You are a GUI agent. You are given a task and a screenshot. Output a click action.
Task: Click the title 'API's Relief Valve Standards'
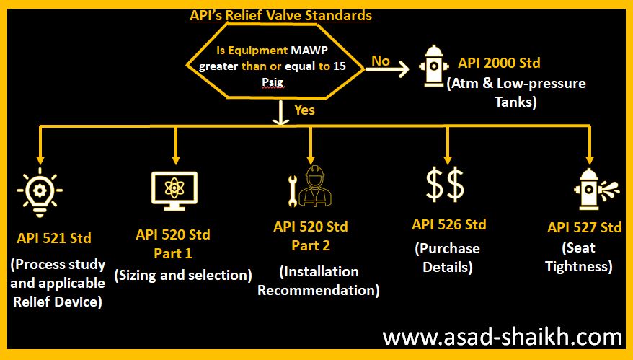(x=280, y=15)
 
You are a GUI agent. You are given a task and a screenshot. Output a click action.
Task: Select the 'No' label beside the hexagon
(x=380, y=61)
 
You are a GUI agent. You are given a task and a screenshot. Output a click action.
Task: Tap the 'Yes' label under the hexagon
(x=304, y=110)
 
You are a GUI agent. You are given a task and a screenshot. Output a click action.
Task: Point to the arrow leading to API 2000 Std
(x=387, y=69)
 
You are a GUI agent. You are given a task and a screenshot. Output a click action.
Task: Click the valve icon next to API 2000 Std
(x=433, y=66)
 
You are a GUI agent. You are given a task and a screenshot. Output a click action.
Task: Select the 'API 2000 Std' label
(x=499, y=63)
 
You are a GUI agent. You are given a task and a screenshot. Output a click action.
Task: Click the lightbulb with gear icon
(x=40, y=192)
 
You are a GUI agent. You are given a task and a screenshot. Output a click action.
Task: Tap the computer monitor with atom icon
(x=174, y=190)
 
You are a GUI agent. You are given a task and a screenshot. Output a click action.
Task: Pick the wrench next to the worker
(x=293, y=191)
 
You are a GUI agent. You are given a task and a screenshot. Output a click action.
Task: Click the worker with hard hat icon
(x=315, y=186)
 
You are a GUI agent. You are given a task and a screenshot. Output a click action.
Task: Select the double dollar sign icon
(x=445, y=185)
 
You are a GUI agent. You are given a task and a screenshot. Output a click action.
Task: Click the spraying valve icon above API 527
(x=596, y=190)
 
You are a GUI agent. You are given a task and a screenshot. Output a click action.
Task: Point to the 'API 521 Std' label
(x=54, y=238)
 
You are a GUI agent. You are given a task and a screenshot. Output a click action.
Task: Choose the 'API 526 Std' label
(x=449, y=224)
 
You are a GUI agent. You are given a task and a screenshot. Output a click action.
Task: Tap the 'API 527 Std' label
(x=584, y=227)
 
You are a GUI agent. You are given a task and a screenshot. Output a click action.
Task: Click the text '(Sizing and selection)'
(x=183, y=275)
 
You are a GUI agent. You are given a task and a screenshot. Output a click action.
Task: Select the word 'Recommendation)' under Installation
(x=319, y=290)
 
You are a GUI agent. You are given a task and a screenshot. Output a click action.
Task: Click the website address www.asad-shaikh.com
(x=503, y=338)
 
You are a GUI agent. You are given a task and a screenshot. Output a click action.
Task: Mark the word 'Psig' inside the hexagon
(x=273, y=82)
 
